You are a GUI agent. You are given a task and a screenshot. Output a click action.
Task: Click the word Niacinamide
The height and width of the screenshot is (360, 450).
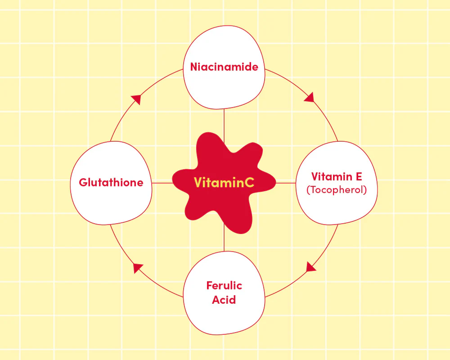click(x=224, y=67)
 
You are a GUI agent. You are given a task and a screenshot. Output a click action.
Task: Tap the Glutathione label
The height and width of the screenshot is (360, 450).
click(x=111, y=183)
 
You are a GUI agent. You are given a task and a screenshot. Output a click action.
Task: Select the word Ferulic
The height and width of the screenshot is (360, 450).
click(x=224, y=285)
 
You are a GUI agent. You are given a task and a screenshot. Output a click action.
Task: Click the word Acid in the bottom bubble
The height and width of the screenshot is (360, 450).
click(x=224, y=300)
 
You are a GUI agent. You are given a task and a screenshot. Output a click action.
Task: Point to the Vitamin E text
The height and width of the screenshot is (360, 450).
click(x=337, y=176)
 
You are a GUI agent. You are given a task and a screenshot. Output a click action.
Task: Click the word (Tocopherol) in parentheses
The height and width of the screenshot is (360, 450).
click(x=337, y=190)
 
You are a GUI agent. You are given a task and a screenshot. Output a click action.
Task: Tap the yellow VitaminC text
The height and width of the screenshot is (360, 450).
click(x=224, y=183)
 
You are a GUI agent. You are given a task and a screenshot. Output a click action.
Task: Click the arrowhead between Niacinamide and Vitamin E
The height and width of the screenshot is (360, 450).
click(x=310, y=97)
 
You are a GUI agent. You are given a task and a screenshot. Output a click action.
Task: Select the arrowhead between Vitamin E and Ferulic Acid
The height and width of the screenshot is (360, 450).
click(x=310, y=267)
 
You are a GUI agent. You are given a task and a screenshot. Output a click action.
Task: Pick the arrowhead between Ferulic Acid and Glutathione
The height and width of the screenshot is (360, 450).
click(x=138, y=268)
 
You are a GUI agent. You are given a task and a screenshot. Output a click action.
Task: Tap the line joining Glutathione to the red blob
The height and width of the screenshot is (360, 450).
click(x=162, y=183)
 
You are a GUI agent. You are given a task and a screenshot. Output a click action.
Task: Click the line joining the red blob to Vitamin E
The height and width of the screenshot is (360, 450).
click(x=286, y=183)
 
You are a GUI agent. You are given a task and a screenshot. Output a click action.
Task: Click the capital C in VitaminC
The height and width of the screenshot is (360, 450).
click(x=250, y=183)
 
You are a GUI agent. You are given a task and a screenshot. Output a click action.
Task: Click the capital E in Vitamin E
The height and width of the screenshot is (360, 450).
click(x=359, y=176)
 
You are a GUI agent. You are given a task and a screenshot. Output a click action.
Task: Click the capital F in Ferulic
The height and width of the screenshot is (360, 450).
click(x=210, y=285)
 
